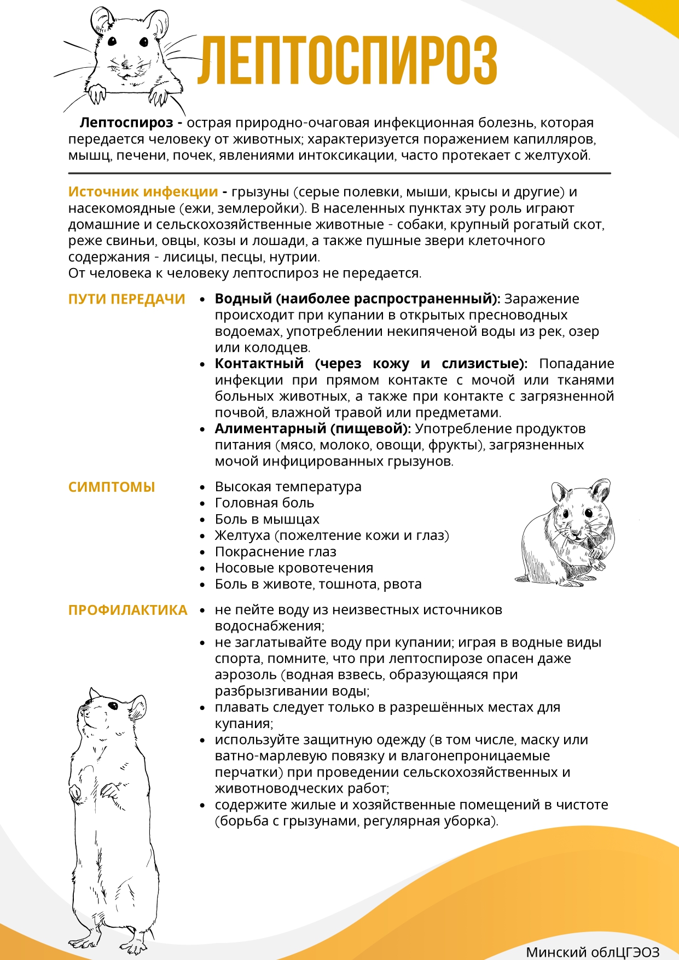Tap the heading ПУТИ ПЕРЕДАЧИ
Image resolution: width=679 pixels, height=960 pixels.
point(126,299)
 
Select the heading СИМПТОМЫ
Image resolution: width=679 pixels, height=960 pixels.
point(112,487)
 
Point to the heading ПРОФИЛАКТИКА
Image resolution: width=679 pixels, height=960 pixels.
point(127,610)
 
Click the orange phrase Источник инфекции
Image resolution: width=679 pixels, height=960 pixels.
point(143,192)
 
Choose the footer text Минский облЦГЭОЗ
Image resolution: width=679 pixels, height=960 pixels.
point(593,952)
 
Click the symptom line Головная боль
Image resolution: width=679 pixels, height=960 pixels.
point(264,503)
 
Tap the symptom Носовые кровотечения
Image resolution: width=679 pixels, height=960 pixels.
point(294,568)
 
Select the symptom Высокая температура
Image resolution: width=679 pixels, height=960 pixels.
point(288,486)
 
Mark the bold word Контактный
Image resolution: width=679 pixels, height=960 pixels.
point(259,364)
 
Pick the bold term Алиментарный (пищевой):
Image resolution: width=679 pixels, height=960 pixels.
point(312,429)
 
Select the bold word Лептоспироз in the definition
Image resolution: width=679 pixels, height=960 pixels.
point(126,123)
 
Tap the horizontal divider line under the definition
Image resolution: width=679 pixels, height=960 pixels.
point(339,173)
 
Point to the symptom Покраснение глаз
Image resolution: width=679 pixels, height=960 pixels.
point(275,551)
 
